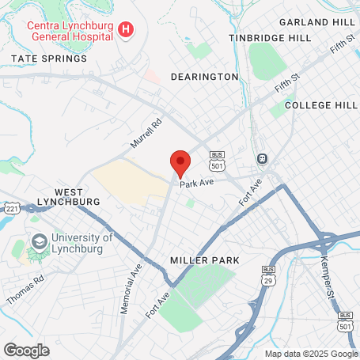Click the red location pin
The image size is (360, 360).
180,163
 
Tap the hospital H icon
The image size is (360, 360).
125,30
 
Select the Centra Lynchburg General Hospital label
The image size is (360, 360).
71,30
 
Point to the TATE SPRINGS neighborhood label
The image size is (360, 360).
49,59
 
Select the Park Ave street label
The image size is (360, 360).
197,183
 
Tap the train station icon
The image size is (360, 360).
261,158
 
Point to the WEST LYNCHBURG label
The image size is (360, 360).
77,197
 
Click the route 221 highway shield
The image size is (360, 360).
11,208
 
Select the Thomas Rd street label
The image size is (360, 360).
25,290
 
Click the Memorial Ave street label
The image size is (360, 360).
131,289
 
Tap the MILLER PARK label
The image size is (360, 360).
205,260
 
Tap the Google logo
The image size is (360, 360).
27,349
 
